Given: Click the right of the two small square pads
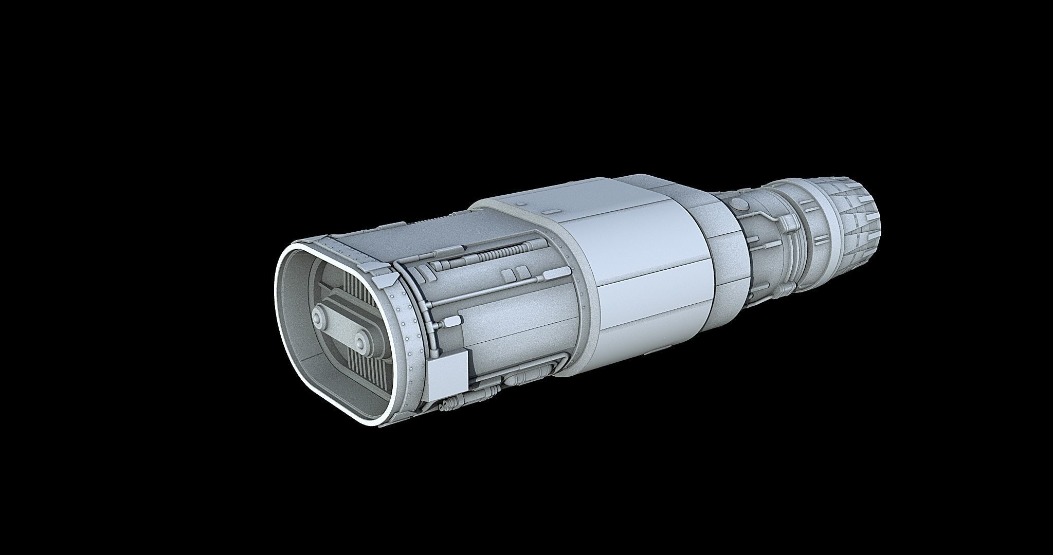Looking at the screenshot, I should click(x=522, y=271).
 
